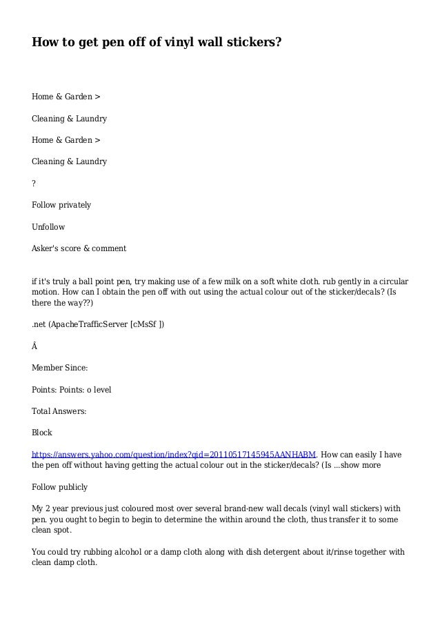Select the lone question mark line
coord(34,183)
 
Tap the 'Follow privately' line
coord(61,205)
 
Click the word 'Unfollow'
coord(48,226)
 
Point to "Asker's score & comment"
coord(79,248)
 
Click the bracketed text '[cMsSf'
coord(145,324)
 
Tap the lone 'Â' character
coord(35,346)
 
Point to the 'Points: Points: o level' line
coord(72,390)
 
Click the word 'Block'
coord(42,433)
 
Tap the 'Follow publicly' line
coord(59,487)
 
